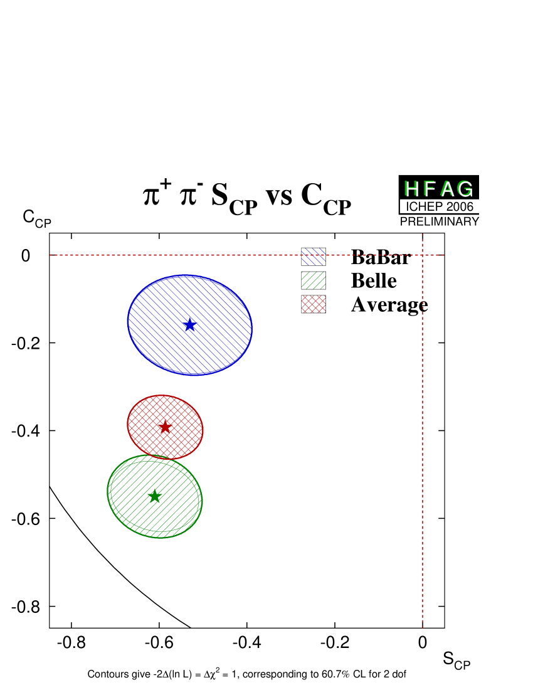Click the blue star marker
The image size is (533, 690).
coord(189,324)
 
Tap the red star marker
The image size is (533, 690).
coord(164,427)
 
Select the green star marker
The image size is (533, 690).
coord(154,496)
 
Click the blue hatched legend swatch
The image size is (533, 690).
coord(314,257)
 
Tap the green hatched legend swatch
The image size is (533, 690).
coord(314,280)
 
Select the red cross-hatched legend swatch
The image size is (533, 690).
coord(314,304)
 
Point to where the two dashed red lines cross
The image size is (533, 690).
coord(423,255)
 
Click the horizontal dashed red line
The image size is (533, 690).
coord(188,255)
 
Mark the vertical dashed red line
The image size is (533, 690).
coord(423,439)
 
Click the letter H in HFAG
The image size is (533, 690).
coord(411,189)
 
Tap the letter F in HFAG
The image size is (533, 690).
coord(429,189)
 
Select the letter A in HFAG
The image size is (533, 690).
coord(446,189)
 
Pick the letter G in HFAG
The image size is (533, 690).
coord(465,189)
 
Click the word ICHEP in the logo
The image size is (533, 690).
coord(424,206)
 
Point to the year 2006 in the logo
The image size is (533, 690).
coord(460,206)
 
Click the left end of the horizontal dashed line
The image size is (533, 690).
coord(51,255)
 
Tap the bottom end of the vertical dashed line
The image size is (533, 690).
coord(423,625)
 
